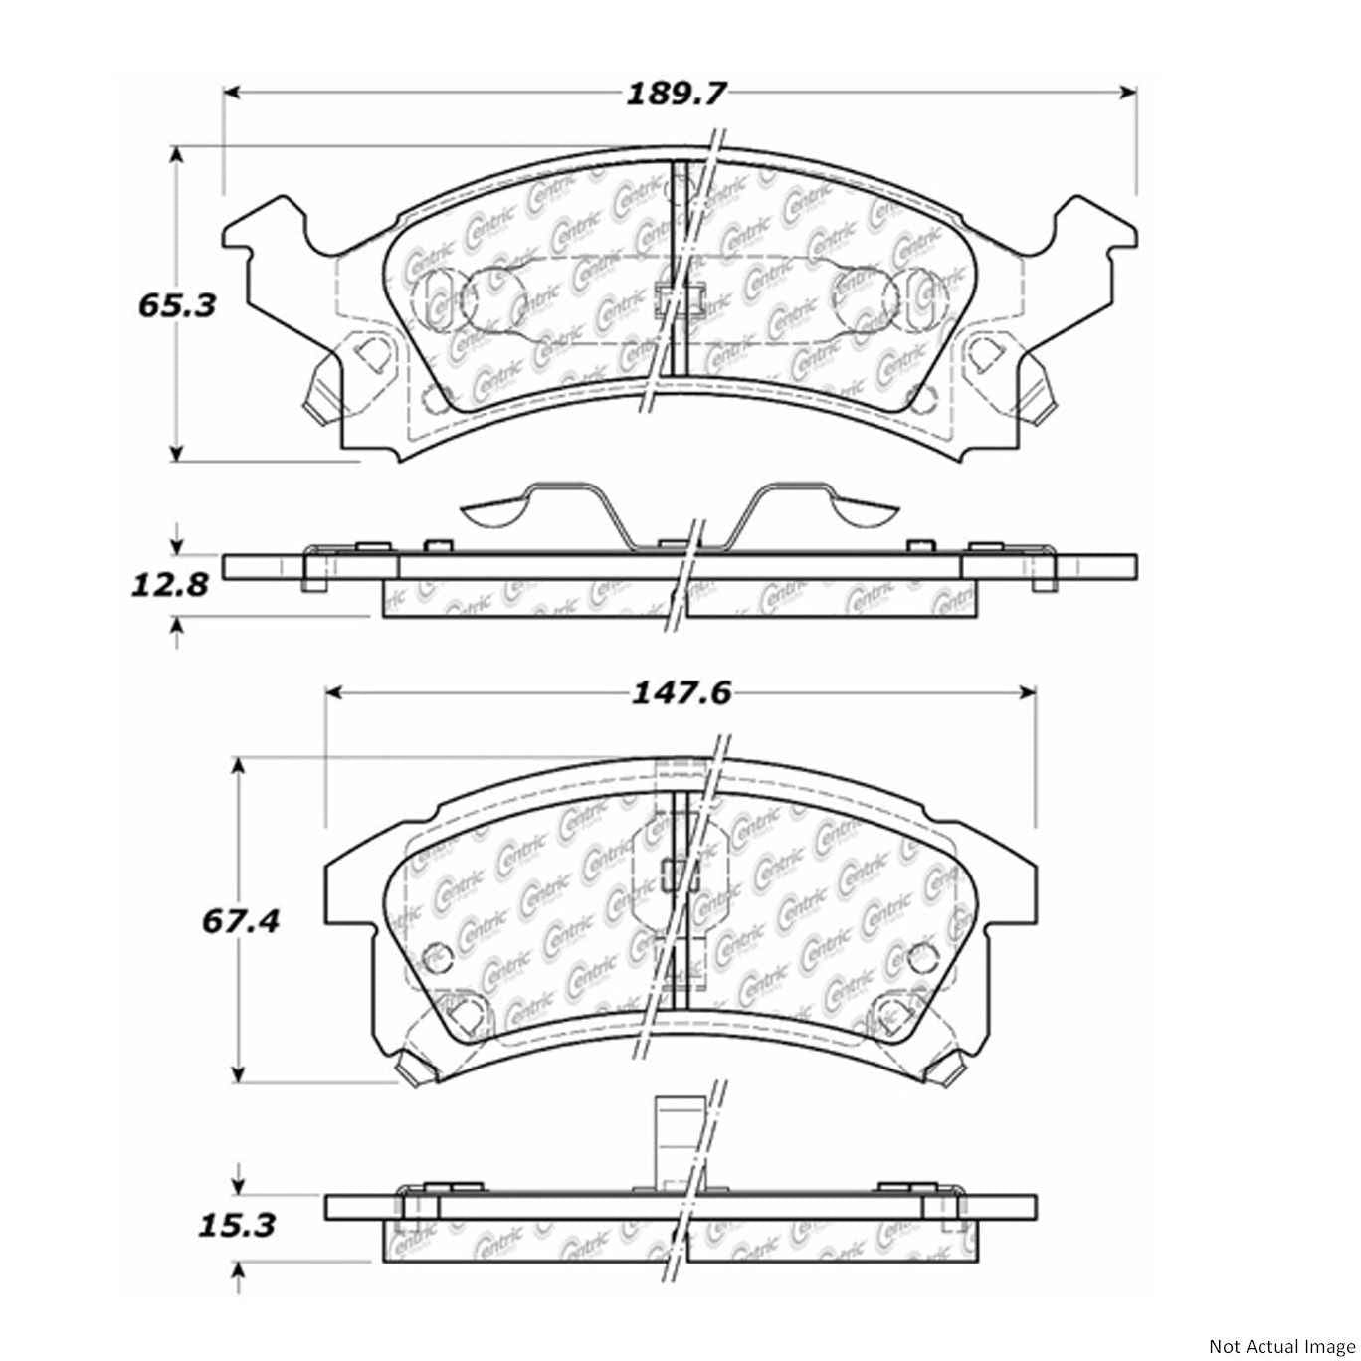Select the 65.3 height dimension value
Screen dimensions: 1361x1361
pyautogui.click(x=176, y=305)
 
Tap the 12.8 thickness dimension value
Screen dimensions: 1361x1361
pyautogui.click(x=170, y=583)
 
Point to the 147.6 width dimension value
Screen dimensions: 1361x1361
pyautogui.click(x=682, y=692)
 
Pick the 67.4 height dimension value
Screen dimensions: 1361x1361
pyautogui.click(x=240, y=921)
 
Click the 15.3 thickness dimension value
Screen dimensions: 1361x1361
pyautogui.click(x=236, y=1224)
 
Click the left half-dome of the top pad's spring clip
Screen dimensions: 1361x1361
pyautogui.click(x=494, y=511)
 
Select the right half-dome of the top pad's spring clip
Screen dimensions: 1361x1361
pyautogui.click(x=866, y=511)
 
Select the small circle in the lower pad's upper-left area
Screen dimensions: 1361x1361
pyautogui.click(x=436, y=957)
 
